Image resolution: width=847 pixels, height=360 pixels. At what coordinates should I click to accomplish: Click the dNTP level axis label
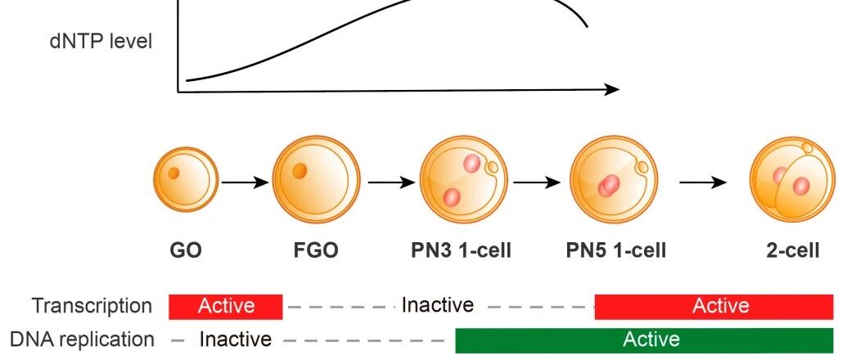pos(100,41)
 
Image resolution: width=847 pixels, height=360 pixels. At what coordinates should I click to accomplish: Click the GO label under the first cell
pos(186,250)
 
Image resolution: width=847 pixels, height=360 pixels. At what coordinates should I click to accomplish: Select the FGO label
pos(316,250)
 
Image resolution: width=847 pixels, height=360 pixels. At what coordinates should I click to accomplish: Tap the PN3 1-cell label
pos(461,250)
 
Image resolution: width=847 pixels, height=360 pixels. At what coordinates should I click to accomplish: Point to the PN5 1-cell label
pos(615,250)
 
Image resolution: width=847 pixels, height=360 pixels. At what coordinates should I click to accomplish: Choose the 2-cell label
pos(792,250)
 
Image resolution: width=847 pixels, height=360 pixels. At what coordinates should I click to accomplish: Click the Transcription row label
pos(92,306)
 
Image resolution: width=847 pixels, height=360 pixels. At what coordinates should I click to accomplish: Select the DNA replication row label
pos(82,339)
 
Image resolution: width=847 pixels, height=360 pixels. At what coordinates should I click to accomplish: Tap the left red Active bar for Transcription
pos(226,306)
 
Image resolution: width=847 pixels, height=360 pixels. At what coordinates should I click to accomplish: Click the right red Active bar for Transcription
pos(720,306)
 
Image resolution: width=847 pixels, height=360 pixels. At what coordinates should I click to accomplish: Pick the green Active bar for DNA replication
pos(651,339)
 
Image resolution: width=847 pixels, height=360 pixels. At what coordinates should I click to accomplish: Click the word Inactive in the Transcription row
pos(437,306)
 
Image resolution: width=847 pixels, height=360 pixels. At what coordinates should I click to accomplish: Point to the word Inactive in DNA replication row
pos(236,339)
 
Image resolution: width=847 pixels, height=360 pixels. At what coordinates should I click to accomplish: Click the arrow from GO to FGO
pos(245,182)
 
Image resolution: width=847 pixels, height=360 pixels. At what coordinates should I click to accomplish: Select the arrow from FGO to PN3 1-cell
pos(390,182)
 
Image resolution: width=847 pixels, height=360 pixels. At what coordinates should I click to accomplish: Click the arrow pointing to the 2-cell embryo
pos(703,182)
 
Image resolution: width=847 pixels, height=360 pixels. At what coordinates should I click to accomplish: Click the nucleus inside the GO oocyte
pos(174,173)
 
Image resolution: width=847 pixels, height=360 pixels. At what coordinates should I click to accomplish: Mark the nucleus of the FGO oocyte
pos(300,171)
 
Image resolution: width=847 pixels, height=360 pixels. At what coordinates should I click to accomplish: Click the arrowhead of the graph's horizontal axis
pos(612,89)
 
